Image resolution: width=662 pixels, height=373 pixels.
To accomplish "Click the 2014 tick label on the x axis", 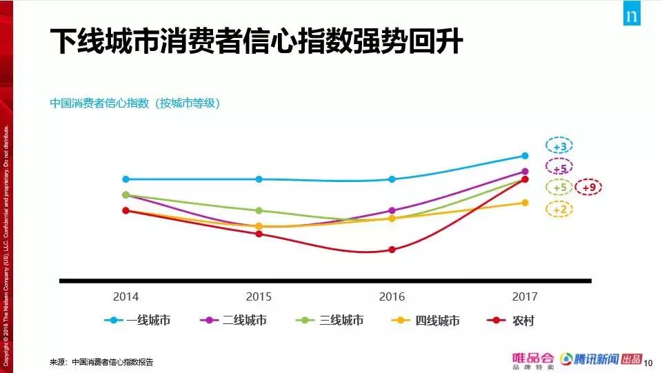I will [126, 296].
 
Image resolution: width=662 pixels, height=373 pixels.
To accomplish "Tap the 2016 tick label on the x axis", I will [392, 296].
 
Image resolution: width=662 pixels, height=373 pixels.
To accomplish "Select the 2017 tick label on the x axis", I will [525, 296].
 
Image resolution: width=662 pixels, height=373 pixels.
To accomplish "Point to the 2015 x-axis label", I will [259, 296].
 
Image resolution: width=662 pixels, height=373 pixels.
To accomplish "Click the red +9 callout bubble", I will [588, 188].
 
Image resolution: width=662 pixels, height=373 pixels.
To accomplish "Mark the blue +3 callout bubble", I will [560, 147].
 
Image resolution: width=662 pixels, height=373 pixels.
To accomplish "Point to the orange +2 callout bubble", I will [560, 210].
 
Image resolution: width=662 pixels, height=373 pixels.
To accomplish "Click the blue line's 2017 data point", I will [525, 156].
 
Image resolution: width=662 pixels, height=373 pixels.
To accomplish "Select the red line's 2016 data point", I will [392, 250].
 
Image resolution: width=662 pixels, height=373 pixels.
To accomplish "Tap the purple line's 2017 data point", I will [525, 172].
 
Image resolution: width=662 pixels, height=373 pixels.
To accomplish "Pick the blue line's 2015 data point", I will [259, 179].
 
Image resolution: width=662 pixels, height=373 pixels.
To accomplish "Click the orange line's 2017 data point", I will [525, 203].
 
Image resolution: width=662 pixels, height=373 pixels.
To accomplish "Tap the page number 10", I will [648, 361].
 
